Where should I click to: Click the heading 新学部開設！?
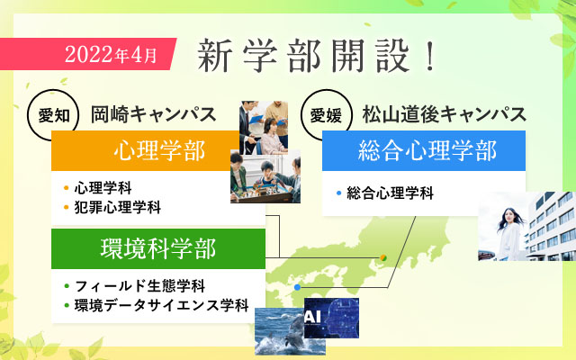(x=317, y=56)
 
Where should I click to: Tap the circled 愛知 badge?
(x=51, y=114)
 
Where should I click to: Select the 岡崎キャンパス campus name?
(x=153, y=115)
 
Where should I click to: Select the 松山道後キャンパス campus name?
(x=444, y=115)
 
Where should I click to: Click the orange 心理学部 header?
(x=146, y=150)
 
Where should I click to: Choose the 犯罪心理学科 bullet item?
(x=117, y=208)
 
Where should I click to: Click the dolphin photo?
(x=278, y=333)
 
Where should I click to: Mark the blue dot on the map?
(x=298, y=287)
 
